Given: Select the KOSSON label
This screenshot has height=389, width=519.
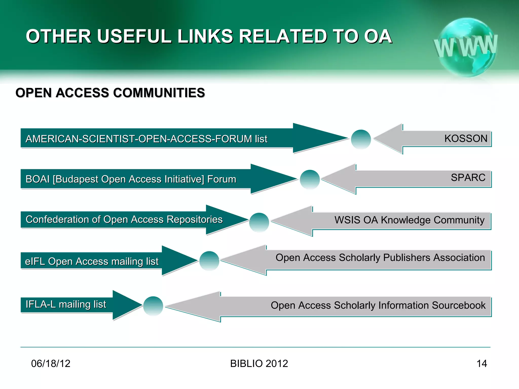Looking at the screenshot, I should pos(466,139).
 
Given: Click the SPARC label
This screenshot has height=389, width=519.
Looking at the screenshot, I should pos(468,178).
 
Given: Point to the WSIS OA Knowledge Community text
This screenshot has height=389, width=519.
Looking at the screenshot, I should pos(409,220).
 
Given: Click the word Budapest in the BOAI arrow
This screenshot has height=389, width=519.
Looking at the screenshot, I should pos(77,179).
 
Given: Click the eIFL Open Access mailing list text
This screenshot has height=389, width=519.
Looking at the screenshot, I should pos(91,261).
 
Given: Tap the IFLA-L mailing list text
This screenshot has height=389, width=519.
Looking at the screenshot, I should pos(66,304).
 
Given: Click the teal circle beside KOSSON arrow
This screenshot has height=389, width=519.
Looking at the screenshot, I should pos(361,139).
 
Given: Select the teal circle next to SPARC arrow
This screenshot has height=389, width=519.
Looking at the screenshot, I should pos(310,179).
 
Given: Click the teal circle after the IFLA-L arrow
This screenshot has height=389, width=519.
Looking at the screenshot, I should pos(153,306).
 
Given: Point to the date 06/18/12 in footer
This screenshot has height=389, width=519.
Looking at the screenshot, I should pos(51,364).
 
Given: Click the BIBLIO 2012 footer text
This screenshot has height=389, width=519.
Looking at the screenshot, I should pos(259,364).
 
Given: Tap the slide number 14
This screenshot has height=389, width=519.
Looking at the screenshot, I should pos(481,364).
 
